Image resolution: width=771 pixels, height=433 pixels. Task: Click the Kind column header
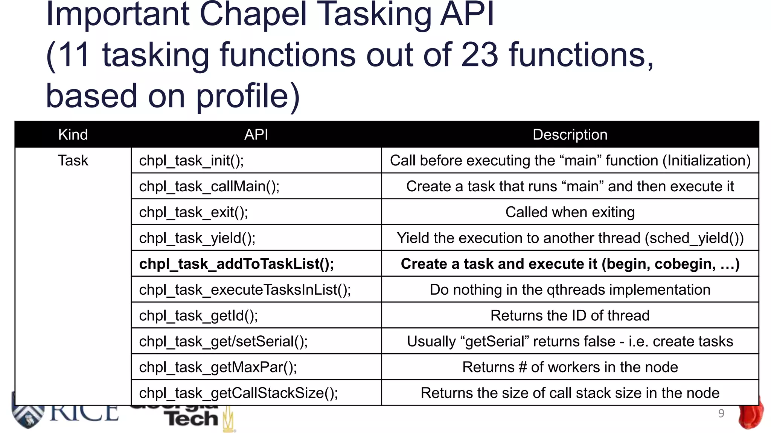73,135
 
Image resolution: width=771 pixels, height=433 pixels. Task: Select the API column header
256,135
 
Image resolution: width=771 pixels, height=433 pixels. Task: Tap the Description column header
570,135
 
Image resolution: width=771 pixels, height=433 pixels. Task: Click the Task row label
73,160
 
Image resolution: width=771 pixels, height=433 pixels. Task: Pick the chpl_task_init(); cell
191,160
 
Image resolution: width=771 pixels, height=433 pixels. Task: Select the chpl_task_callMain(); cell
209,186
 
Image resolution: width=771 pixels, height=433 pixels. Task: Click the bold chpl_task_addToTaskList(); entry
236,264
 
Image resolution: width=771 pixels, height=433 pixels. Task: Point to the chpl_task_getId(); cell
198,316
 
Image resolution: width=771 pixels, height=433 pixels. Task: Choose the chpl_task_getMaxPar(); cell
218,367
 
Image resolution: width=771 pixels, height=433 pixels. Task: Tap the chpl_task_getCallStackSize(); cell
238,393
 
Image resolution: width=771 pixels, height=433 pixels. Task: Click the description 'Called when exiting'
570,212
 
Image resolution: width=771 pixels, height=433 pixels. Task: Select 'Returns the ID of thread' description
570,316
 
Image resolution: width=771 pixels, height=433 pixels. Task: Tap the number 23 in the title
480,55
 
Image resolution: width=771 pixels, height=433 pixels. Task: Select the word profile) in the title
248,95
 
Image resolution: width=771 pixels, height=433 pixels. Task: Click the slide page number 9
721,413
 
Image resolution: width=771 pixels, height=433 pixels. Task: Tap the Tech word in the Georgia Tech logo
192,418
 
